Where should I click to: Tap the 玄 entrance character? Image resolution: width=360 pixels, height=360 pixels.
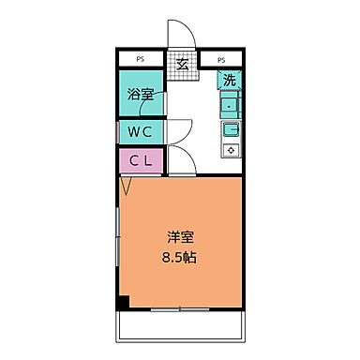point(181,64)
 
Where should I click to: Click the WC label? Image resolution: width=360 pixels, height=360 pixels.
point(140,130)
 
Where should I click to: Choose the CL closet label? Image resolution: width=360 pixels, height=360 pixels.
point(140,160)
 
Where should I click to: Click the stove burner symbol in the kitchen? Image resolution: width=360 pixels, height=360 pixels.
point(231,148)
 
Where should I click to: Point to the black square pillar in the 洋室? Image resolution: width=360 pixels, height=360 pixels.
point(123,302)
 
